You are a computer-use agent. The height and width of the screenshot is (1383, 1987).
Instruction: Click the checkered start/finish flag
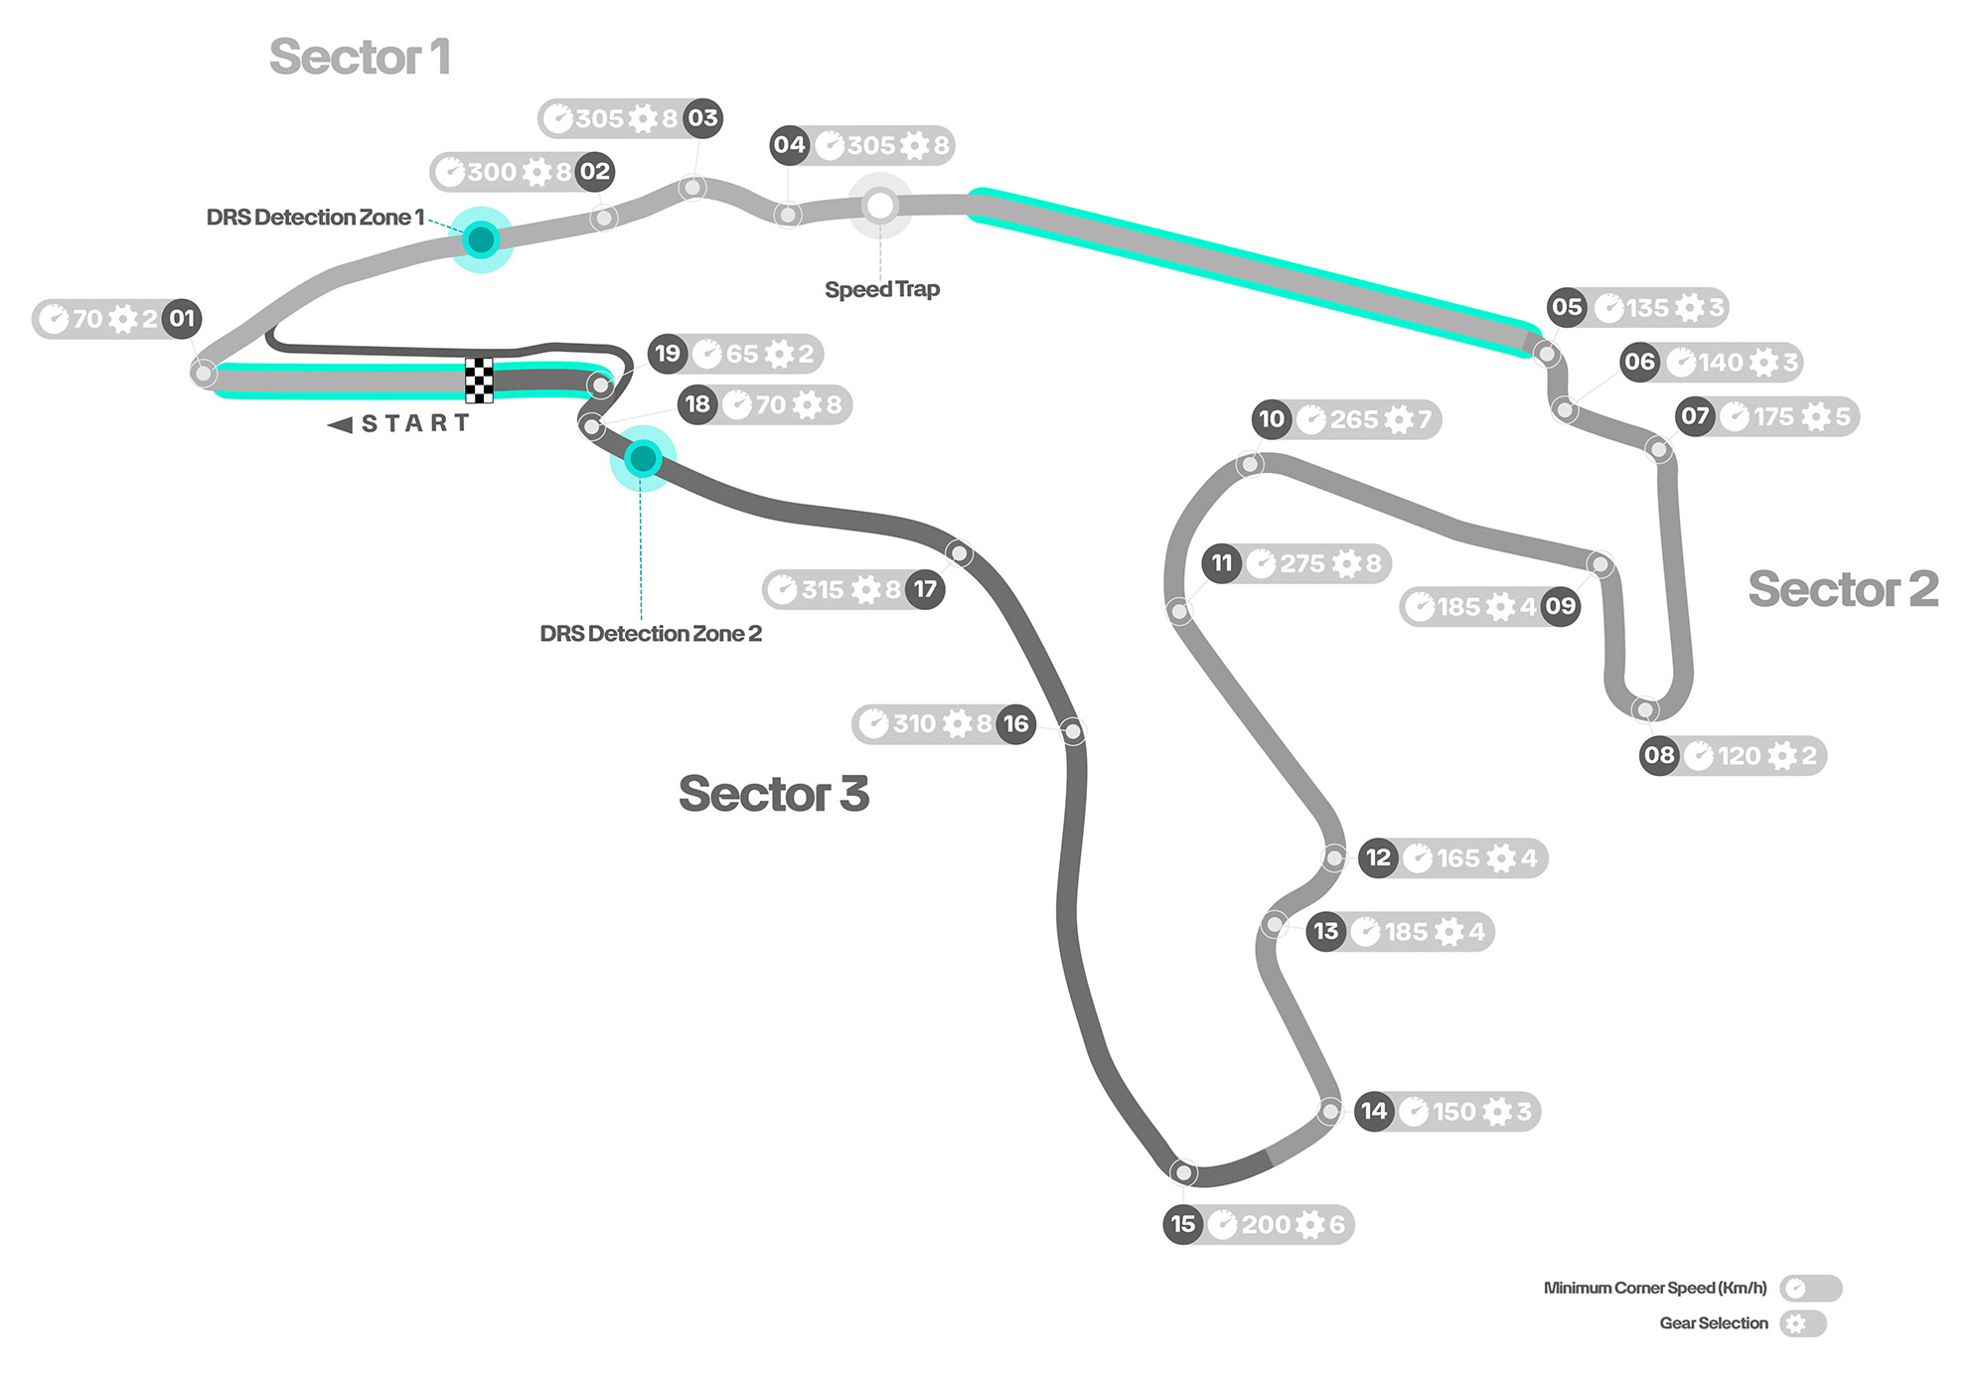click(x=479, y=381)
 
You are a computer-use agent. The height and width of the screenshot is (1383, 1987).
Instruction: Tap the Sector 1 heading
click(x=360, y=57)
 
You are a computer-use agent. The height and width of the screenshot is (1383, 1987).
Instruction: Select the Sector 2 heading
click(x=1843, y=589)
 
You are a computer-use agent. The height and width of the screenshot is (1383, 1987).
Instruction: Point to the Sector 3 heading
click(x=774, y=794)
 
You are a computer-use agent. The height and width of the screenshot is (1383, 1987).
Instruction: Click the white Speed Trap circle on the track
click(x=879, y=206)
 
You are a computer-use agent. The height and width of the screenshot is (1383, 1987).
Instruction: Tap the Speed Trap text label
click(x=882, y=289)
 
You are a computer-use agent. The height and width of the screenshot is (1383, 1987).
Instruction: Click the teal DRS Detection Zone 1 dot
click(x=482, y=239)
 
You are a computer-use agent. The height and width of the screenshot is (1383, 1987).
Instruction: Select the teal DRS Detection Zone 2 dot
click(x=643, y=458)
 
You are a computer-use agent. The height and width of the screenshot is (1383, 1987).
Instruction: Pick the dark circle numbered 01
click(x=182, y=319)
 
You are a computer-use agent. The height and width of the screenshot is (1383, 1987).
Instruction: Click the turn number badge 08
click(x=1659, y=755)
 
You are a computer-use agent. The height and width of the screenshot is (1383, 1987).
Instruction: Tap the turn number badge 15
click(x=1183, y=1224)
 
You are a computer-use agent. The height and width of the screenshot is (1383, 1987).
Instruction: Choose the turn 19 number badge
click(x=668, y=354)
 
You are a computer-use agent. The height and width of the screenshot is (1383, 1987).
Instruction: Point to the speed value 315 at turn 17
click(x=823, y=590)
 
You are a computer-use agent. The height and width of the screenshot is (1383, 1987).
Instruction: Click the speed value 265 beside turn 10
click(x=1354, y=420)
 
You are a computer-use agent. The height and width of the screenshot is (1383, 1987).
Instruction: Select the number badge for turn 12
click(x=1378, y=857)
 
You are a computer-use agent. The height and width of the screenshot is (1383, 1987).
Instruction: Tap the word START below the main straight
click(x=415, y=424)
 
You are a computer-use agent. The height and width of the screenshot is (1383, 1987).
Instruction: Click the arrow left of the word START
click(x=340, y=425)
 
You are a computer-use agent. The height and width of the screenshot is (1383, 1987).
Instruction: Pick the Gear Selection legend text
click(x=1714, y=1323)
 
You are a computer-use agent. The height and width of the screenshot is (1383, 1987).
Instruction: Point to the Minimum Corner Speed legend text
click(x=1655, y=1289)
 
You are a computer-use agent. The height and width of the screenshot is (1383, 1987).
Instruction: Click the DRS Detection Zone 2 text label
click(x=651, y=634)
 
